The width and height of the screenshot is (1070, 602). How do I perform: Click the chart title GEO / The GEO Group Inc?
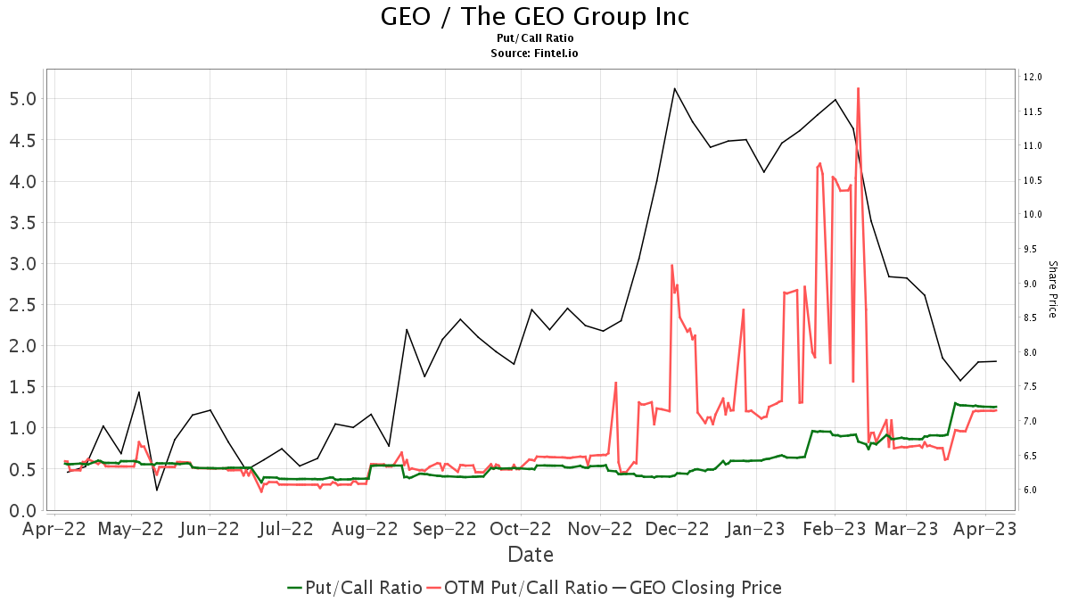(535, 17)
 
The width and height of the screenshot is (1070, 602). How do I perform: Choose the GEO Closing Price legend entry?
(695, 588)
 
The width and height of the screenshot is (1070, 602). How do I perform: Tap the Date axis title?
(531, 555)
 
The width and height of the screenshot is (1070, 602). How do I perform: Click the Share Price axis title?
(1052, 289)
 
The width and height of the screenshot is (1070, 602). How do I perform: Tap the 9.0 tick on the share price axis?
(1032, 284)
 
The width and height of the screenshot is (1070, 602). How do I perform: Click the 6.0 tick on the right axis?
(1032, 490)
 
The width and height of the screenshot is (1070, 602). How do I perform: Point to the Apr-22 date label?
(53, 529)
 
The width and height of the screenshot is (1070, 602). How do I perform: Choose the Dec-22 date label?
(677, 529)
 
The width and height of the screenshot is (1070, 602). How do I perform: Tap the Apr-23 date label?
(984, 529)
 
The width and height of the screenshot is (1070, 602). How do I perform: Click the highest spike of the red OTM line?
(858, 88)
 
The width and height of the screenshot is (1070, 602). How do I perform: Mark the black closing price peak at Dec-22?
(675, 88)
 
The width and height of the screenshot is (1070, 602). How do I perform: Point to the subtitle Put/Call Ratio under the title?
(535, 38)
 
